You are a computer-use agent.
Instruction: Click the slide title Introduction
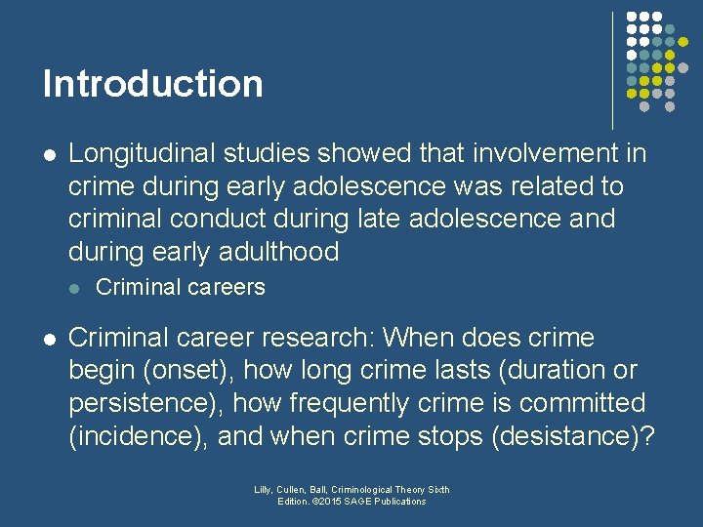pos(152,84)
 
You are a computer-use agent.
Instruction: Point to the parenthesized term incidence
pos(137,436)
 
